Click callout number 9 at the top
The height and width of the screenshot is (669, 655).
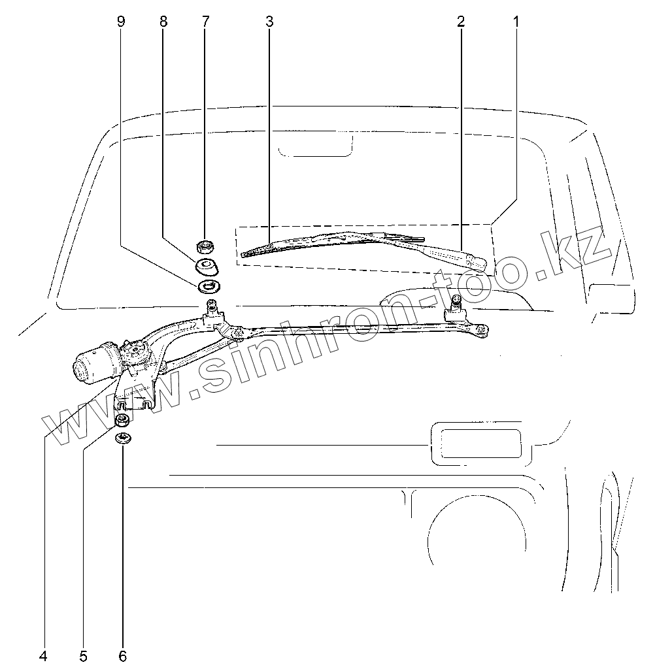(x=120, y=22)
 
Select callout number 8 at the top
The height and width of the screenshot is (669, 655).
(x=163, y=22)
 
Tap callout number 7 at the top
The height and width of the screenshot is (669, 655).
(x=205, y=22)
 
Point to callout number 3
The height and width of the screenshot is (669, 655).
(x=269, y=22)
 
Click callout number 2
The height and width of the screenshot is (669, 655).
(x=461, y=22)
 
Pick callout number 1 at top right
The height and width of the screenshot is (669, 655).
(x=516, y=22)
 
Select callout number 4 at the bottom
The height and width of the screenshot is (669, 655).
(x=43, y=656)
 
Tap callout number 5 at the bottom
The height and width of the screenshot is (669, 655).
(x=83, y=656)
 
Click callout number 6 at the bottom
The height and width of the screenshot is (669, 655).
(x=122, y=656)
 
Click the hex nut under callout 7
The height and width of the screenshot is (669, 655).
(x=206, y=248)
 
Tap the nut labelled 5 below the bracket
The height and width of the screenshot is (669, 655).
(x=122, y=420)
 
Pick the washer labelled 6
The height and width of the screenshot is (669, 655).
(x=123, y=438)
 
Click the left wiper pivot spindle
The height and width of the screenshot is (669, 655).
(x=212, y=308)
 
